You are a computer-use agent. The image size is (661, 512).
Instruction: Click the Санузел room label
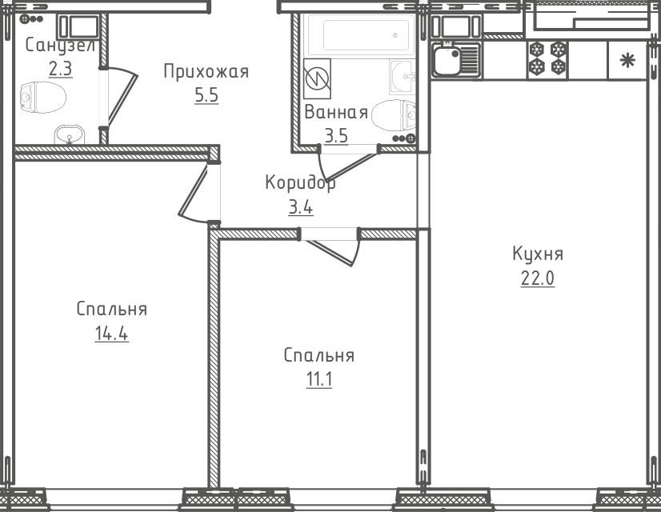60,46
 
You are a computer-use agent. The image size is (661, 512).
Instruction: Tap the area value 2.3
60,68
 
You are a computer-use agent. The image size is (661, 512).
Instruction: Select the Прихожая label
206,72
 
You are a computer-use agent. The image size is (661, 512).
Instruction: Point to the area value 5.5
206,95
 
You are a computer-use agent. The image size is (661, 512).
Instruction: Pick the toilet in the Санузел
43,98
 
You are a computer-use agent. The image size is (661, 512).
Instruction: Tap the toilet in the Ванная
394,114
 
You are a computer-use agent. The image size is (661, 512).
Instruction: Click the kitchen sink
456,60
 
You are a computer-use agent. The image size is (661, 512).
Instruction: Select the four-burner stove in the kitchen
547,58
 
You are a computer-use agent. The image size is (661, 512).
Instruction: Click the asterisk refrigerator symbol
627,60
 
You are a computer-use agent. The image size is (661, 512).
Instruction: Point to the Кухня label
538,254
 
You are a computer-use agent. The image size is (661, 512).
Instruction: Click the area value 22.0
538,278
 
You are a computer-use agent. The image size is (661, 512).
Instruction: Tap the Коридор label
300,183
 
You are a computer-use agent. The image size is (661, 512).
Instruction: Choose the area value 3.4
301,207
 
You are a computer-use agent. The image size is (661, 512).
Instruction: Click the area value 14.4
112,334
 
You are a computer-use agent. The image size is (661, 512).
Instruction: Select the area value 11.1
319,379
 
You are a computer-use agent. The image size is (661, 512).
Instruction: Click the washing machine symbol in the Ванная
317,79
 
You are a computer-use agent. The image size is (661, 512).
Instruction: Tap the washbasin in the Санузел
70,135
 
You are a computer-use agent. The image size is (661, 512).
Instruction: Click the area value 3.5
336,136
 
